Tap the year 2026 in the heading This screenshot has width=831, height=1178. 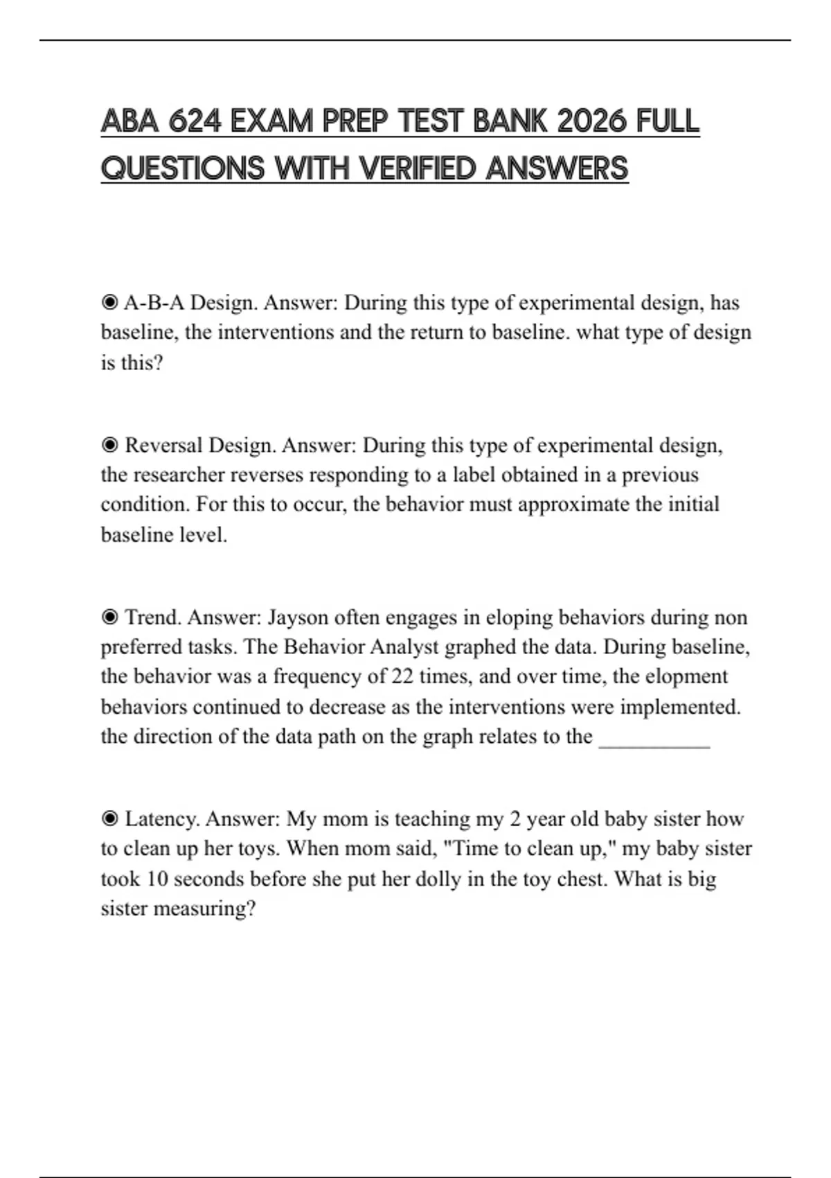[x=592, y=122]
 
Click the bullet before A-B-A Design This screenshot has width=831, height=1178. [x=109, y=303]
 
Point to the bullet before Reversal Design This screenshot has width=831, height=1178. [x=109, y=445]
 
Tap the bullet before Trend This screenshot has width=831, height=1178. [x=109, y=617]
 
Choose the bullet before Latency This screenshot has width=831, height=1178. [x=109, y=819]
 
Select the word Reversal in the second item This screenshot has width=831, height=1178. [x=164, y=445]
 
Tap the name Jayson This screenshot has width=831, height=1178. [x=297, y=617]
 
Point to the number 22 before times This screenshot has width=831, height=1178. [x=402, y=676]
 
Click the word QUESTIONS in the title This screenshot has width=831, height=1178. [x=183, y=168]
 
